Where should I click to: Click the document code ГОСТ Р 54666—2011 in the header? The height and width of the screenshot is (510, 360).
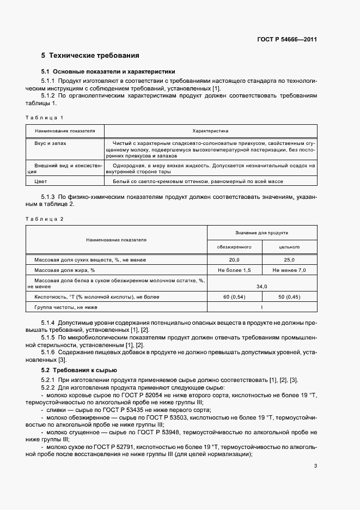coord(286,40)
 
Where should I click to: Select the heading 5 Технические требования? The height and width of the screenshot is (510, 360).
coord(90,56)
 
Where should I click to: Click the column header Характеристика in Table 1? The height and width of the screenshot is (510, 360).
coord(210,131)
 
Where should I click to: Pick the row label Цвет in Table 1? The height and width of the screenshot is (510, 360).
coord(41,181)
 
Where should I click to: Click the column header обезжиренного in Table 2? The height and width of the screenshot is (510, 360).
coord(235,247)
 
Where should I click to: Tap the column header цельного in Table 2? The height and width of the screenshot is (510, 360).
coord(289,247)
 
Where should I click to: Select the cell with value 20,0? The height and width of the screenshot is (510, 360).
coord(235,260)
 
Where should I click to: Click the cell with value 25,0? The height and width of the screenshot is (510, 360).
coord(289,260)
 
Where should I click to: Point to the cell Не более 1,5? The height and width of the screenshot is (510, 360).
coord(235,270)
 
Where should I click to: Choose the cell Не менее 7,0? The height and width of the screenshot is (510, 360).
coord(289,270)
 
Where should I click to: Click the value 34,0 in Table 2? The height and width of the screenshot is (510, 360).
coord(262,286)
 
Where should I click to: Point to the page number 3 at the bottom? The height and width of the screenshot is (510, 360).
coord(315,465)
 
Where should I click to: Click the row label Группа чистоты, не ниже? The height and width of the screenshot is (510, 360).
coord(66,307)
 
